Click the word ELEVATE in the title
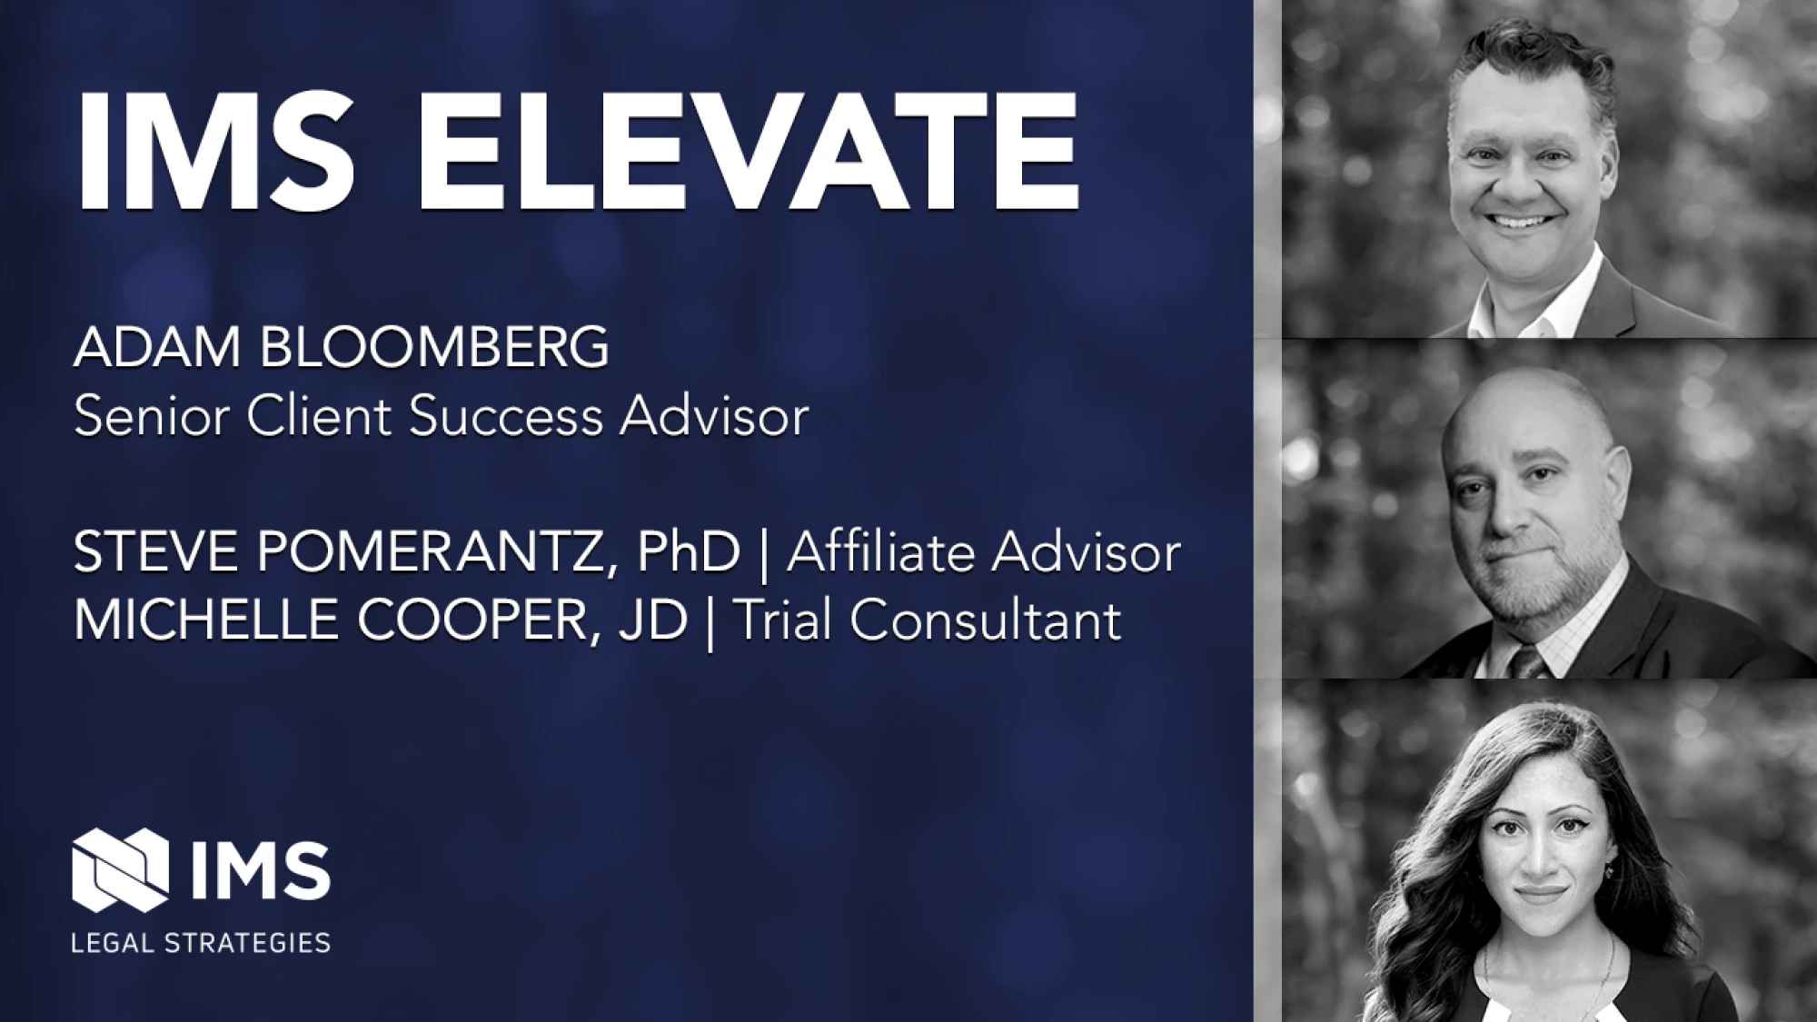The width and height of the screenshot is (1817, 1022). coord(748,150)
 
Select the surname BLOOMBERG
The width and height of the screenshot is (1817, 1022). coord(434,347)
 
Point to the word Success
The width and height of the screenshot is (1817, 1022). coord(506,417)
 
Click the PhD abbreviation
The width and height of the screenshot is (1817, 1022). coord(689,551)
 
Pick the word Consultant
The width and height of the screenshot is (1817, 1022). coord(986,620)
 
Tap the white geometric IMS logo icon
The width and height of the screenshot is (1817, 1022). coord(120,869)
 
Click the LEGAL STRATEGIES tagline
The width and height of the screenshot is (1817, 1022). coord(201,942)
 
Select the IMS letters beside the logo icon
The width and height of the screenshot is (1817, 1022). coord(262,869)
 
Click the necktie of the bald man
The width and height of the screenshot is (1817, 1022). coord(1529,660)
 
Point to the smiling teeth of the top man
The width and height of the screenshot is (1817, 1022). coord(1518,221)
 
